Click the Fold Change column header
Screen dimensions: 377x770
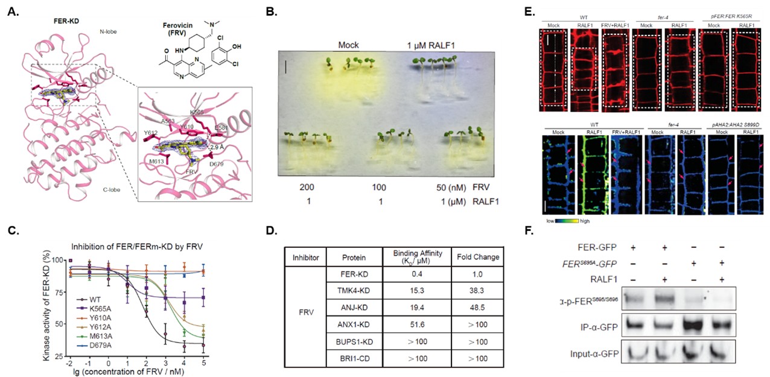tap(479, 257)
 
